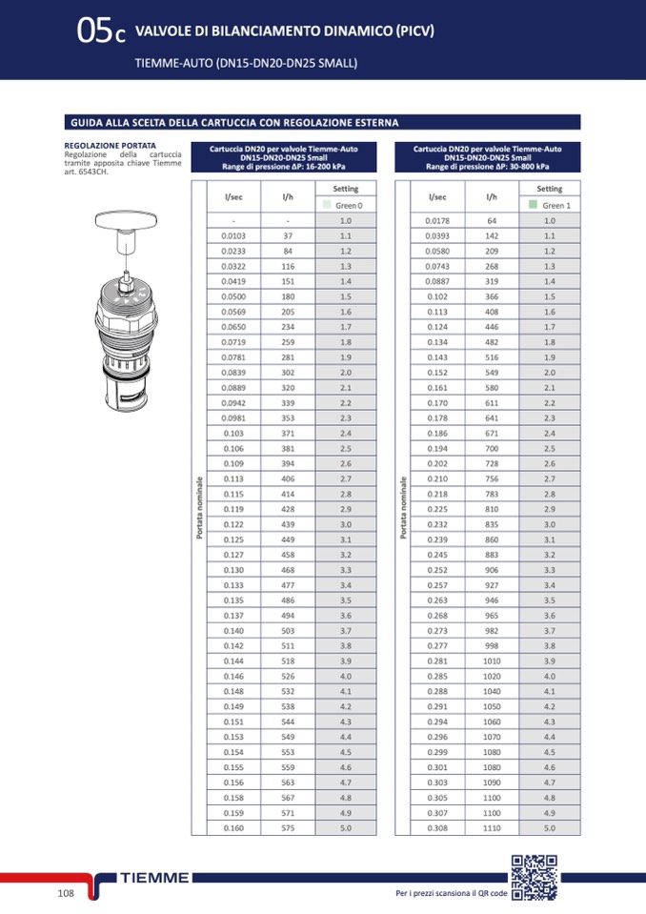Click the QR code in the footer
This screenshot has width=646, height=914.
click(535, 879)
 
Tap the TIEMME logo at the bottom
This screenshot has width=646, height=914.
click(155, 878)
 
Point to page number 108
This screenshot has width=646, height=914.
click(66, 893)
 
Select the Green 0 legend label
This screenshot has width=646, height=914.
click(349, 206)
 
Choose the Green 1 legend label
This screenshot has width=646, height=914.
click(555, 206)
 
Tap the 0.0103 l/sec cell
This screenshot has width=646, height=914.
click(233, 235)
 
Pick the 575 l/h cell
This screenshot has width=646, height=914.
click(288, 828)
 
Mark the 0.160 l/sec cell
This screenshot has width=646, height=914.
click(233, 828)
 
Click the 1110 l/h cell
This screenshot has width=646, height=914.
click(492, 828)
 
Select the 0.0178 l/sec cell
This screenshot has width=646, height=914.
click(437, 220)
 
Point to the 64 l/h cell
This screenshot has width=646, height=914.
click(492, 220)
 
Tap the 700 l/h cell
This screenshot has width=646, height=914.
click(492, 449)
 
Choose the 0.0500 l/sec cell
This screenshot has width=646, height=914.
click(233, 296)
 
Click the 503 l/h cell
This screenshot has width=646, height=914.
click(288, 631)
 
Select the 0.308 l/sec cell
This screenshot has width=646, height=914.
click(437, 828)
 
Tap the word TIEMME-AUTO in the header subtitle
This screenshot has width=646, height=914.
click(174, 64)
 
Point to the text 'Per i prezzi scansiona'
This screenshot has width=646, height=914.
click(434, 894)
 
